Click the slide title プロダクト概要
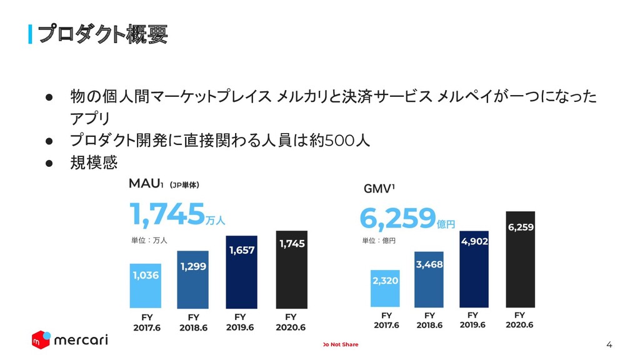[x=102, y=34]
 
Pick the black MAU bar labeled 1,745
[x=292, y=269]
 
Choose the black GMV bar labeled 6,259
[x=520, y=259]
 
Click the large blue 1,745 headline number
[x=167, y=214]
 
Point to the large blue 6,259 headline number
[x=397, y=217]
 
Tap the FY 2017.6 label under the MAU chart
[x=146, y=322]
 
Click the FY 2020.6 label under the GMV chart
[x=520, y=320]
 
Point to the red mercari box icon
[x=41, y=339]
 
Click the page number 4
[x=609, y=344]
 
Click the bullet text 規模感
[x=94, y=162]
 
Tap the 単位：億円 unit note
[x=379, y=240]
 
